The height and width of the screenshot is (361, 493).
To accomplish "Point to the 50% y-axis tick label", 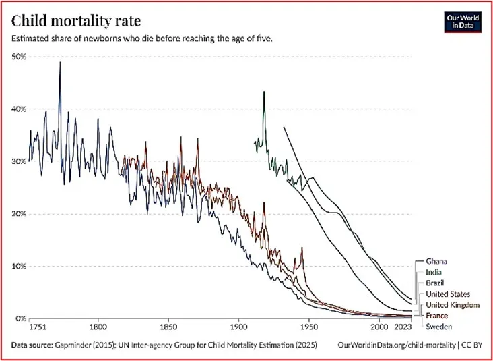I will [18, 57].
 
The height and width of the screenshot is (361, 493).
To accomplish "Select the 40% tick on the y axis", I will [18, 109].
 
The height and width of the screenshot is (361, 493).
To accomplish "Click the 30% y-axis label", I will [18, 161].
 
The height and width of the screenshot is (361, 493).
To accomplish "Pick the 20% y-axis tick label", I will [18, 214].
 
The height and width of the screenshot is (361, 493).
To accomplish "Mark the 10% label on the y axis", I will [18, 266].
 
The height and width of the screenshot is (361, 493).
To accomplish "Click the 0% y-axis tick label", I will [20, 318].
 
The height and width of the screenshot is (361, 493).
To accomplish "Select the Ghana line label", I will [438, 260].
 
